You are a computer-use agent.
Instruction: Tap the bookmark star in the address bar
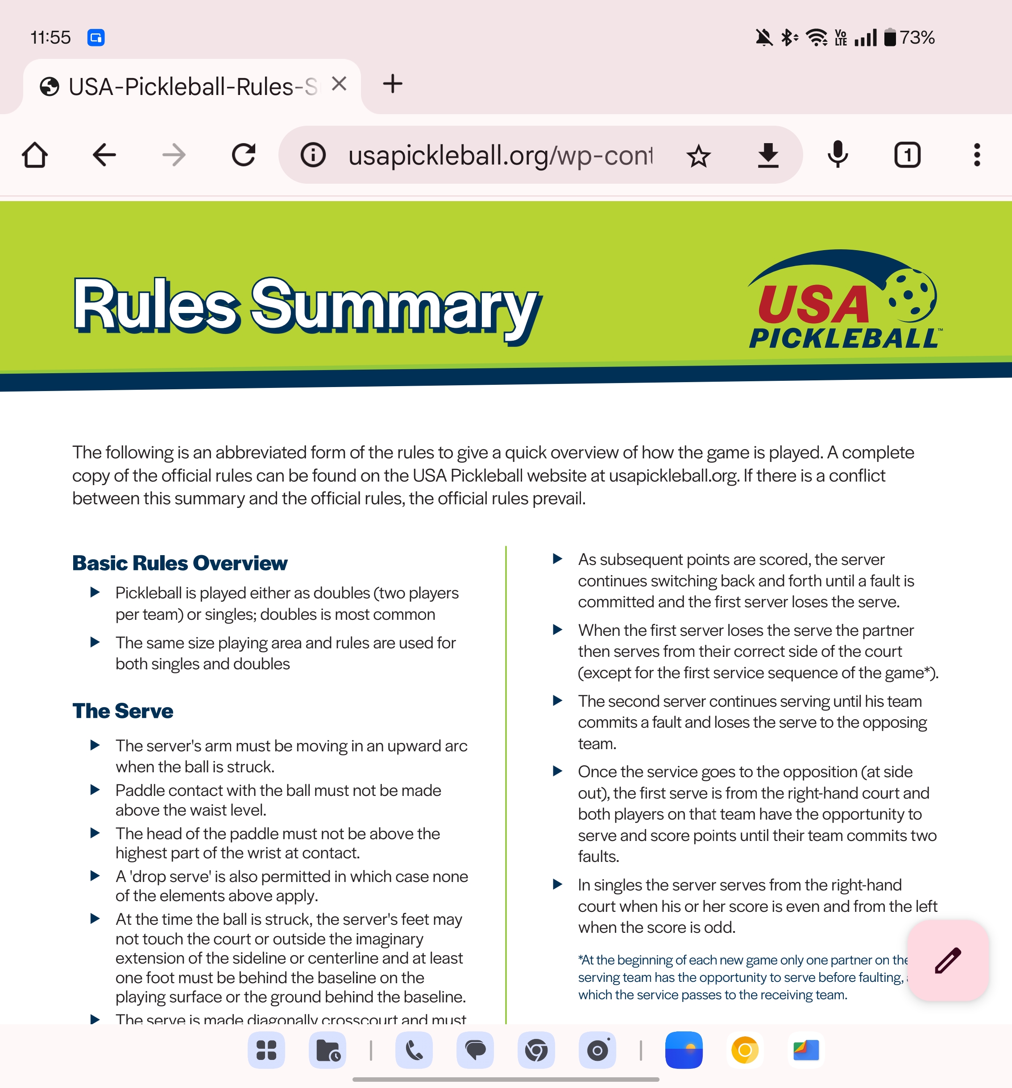(x=698, y=156)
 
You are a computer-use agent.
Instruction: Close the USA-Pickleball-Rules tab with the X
(x=339, y=84)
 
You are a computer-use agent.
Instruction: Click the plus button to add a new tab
(x=392, y=84)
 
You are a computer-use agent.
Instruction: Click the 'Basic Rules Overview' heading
(x=180, y=563)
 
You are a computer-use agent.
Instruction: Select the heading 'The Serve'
(x=123, y=711)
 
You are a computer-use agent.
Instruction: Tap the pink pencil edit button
(x=947, y=960)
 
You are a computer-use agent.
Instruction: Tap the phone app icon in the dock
(x=414, y=1050)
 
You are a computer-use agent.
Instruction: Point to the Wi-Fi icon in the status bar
(x=817, y=38)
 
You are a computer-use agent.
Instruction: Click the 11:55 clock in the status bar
(x=50, y=38)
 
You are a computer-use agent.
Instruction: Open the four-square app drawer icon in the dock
(x=266, y=1050)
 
